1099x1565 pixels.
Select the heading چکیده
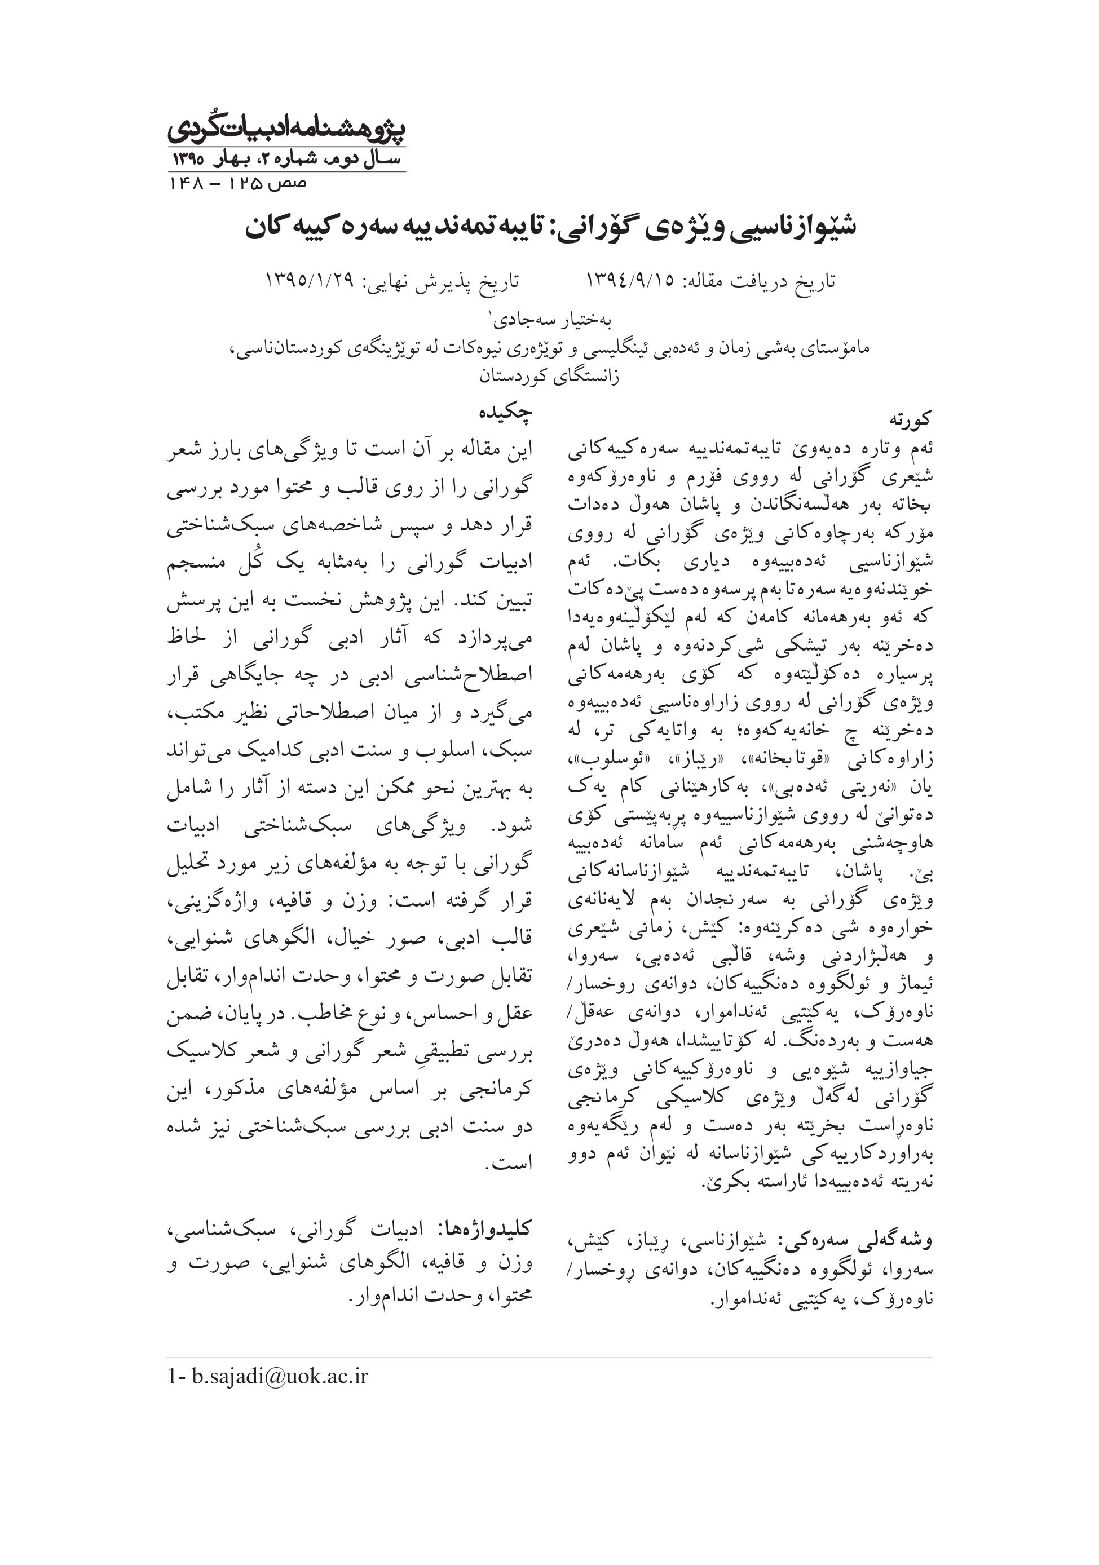[505, 413]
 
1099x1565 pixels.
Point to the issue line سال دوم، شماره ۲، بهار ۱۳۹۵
[286, 161]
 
